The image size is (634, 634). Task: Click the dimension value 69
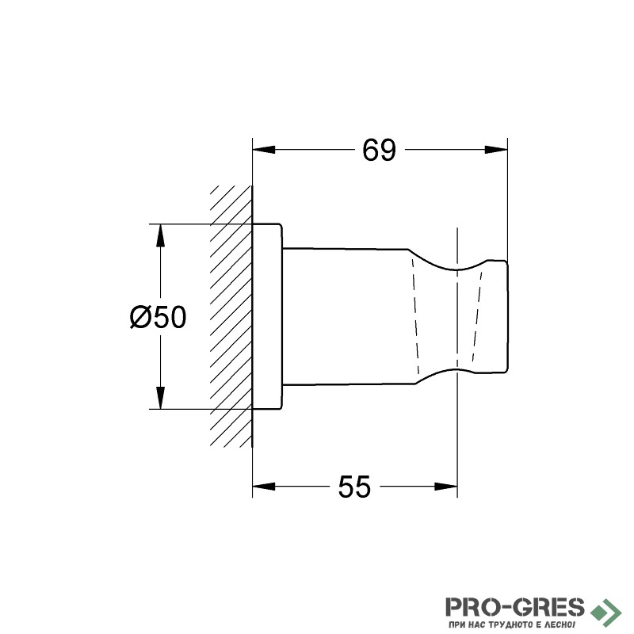[x=379, y=150]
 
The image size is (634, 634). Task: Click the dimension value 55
[x=354, y=487]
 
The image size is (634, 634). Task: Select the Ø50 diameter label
[x=158, y=317]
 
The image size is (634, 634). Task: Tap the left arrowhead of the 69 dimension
[x=264, y=150]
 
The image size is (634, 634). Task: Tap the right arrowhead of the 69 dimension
[x=496, y=150]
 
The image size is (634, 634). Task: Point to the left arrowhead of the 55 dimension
[x=264, y=487]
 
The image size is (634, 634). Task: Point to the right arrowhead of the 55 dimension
[x=446, y=487]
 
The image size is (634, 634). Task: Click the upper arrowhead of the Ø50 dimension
[x=161, y=235]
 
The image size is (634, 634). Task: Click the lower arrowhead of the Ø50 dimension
[x=161, y=398]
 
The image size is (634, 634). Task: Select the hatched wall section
[x=231, y=316]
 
